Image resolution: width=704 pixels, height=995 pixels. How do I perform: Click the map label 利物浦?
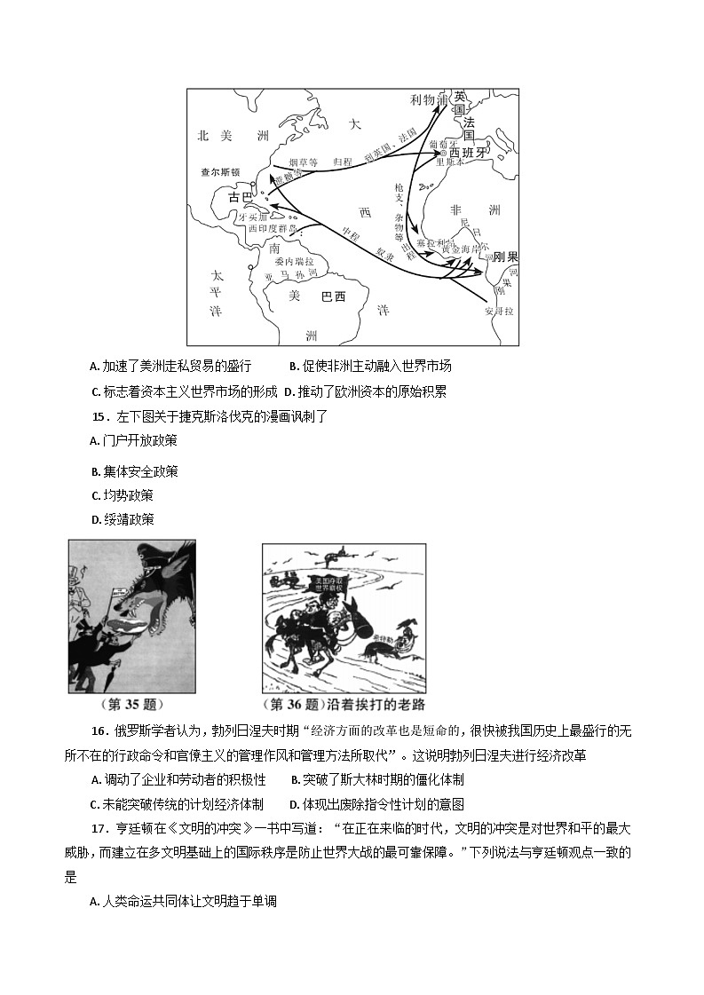(428, 99)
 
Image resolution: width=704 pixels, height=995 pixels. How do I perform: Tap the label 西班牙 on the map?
(470, 153)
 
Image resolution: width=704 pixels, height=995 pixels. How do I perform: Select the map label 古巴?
(240, 196)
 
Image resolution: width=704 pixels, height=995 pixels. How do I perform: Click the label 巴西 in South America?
(333, 296)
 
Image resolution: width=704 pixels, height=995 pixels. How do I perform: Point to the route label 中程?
(349, 233)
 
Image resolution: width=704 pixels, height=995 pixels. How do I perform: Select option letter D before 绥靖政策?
(94, 519)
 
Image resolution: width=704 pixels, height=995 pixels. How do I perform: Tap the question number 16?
(99, 730)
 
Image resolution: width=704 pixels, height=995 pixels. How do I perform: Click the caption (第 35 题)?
(131, 705)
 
